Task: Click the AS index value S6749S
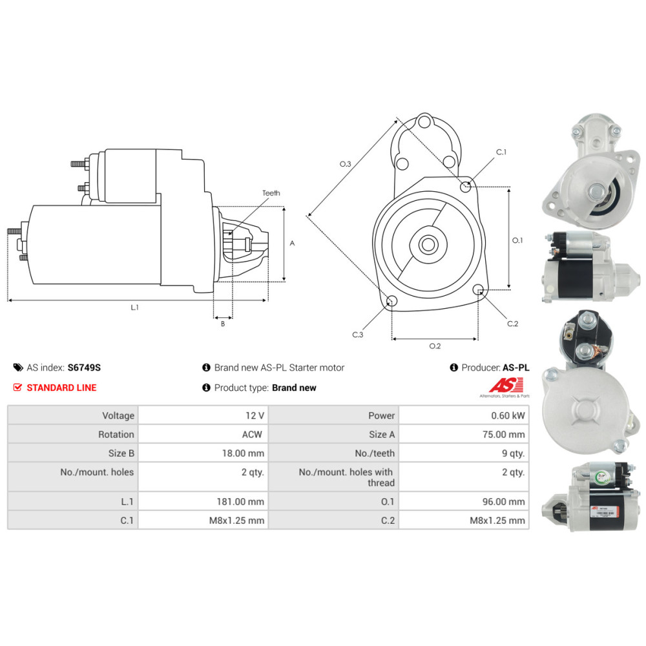(84, 368)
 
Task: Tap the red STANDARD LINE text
(61, 388)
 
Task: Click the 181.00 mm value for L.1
(240, 502)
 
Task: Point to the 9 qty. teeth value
(514, 453)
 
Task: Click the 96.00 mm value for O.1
(503, 502)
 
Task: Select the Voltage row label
(118, 415)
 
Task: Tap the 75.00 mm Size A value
(503, 435)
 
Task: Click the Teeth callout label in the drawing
(271, 193)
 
